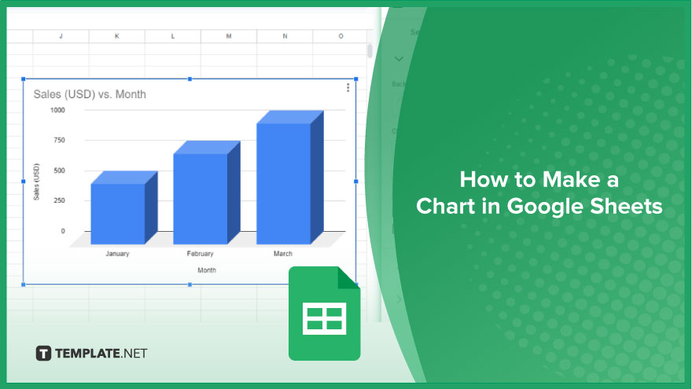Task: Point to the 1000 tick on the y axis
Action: click(x=57, y=110)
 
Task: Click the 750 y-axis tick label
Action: click(x=59, y=140)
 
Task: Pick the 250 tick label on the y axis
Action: click(x=59, y=200)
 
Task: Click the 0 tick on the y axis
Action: click(x=63, y=231)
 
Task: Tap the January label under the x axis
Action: click(x=117, y=254)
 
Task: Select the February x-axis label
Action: click(x=200, y=254)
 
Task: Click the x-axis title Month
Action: click(x=207, y=270)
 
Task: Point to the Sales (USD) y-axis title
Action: click(x=37, y=182)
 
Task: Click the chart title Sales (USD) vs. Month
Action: click(x=90, y=94)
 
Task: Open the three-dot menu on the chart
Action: click(x=348, y=88)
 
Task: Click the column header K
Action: click(x=117, y=36)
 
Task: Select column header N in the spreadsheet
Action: click(x=285, y=36)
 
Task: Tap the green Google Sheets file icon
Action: click(x=324, y=314)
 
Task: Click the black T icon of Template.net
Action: click(x=43, y=354)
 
